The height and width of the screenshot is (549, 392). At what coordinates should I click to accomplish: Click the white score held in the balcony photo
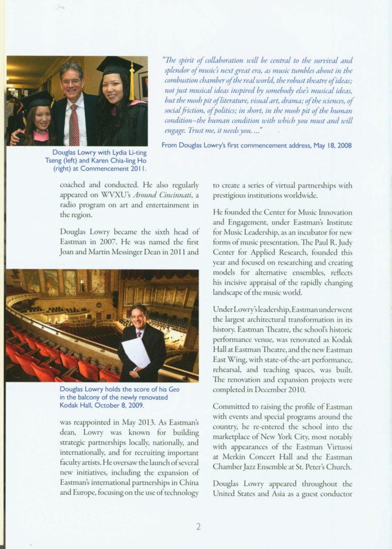coord(135,353)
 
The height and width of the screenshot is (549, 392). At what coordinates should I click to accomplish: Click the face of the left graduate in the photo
coord(43,117)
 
